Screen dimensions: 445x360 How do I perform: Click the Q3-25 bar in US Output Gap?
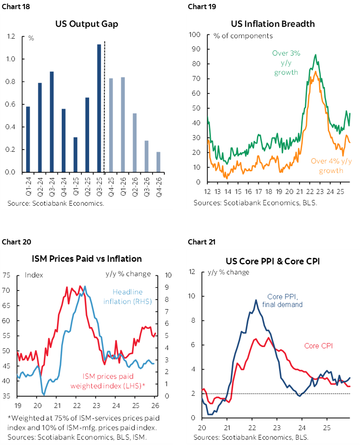pos(99,109)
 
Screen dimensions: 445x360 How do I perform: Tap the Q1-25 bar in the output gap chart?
pos(76,154)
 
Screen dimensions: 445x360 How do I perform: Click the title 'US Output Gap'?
pos(87,24)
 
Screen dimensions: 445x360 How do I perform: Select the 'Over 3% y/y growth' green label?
pos(286,63)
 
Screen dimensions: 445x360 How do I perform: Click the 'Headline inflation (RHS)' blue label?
pos(127,297)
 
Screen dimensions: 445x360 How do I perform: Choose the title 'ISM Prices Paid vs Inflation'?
pos(87,258)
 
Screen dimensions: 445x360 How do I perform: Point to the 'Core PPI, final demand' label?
pos(284,301)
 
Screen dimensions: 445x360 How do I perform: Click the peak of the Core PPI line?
pos(256,300)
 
